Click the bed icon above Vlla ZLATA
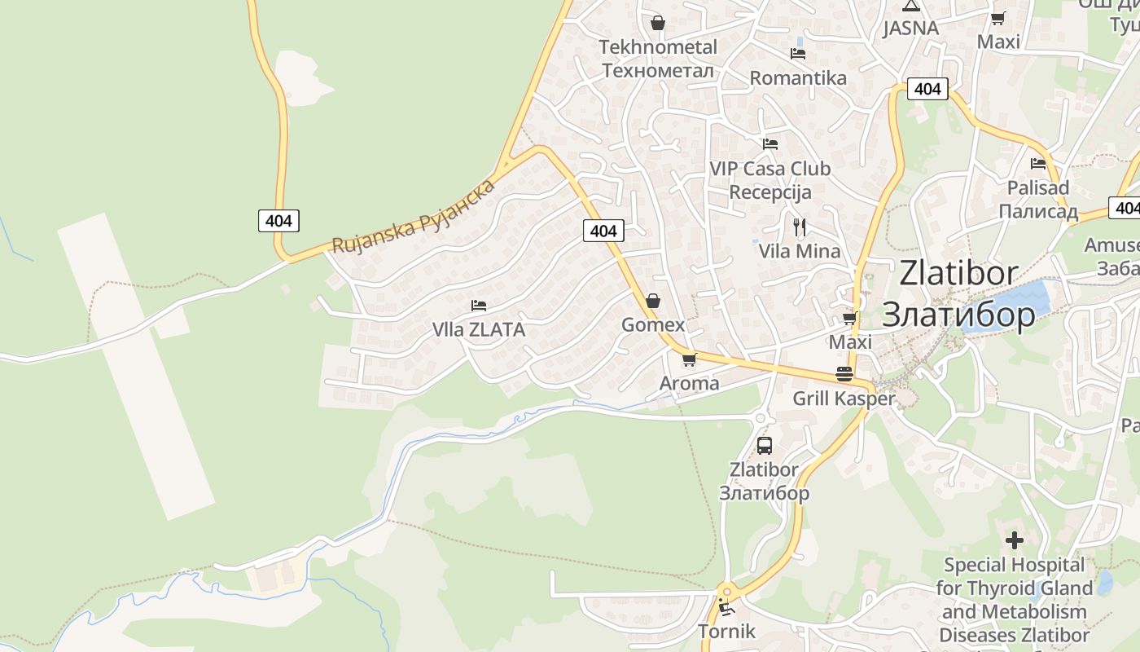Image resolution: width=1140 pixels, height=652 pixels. tap(479, 306)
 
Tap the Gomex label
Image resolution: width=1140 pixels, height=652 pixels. tap(653, 324)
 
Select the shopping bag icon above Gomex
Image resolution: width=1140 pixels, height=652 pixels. tap(653, 301)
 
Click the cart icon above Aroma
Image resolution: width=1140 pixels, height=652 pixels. tap(690, 359)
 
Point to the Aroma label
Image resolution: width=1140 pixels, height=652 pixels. tap(689, 383)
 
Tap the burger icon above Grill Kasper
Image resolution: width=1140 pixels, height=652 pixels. tap(844, 374)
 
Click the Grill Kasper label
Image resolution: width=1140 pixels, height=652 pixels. tap(844, 399)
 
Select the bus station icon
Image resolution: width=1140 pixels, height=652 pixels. tap(764, 446)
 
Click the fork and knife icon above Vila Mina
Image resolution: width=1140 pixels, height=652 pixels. tap(800, 227)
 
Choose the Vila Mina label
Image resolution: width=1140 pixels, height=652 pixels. tap(800, 251)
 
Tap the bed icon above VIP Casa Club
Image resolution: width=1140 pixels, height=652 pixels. tap(770, 144)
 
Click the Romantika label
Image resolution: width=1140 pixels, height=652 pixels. tap(798, 78)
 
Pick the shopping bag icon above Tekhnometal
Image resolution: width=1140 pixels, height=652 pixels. tap(658, 23)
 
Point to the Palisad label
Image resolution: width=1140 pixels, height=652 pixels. tap(1038, 188)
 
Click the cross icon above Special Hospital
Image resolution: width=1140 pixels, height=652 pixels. tap(1015, 540)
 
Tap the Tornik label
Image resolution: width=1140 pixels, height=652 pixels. tap(726, 632)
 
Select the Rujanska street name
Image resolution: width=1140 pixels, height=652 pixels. tap(383, 231)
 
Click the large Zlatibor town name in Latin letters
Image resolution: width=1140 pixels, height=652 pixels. tap(958, 273)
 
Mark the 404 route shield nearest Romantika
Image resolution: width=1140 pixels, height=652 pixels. tap(927, 89)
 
